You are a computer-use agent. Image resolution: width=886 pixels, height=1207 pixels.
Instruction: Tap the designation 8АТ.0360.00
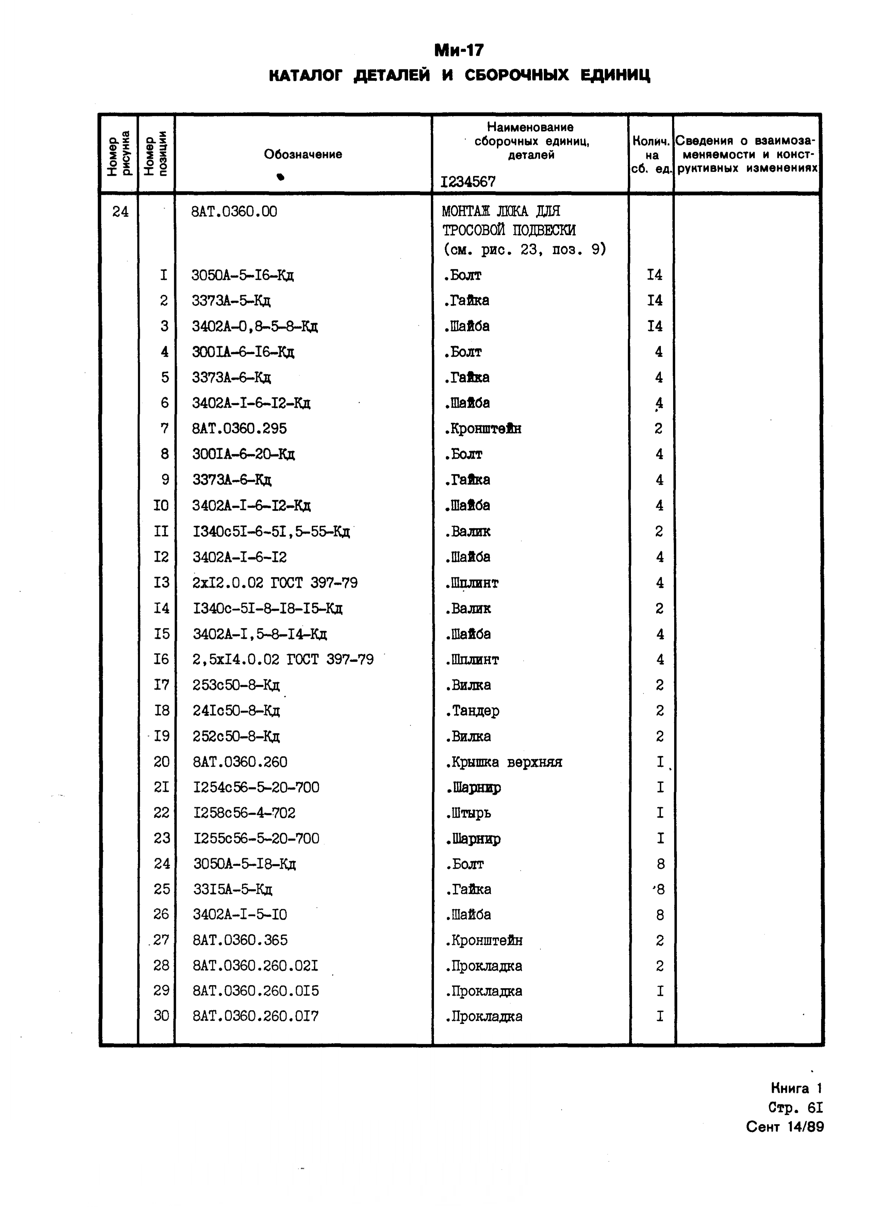click(x=234, y=212)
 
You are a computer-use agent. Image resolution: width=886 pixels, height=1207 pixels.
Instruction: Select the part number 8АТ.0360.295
click(x=240, y=428)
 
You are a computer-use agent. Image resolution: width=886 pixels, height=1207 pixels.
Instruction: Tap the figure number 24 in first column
click(x=120, y=212)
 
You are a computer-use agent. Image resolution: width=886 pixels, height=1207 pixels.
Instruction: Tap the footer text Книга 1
click(x=796, y=1088)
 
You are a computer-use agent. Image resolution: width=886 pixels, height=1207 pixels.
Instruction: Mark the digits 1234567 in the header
click(x=468, y=182)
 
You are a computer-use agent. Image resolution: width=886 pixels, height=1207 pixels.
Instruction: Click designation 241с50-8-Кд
click(x=236, y=711)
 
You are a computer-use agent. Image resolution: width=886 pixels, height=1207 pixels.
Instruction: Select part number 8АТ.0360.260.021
click(x=256, y=966)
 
